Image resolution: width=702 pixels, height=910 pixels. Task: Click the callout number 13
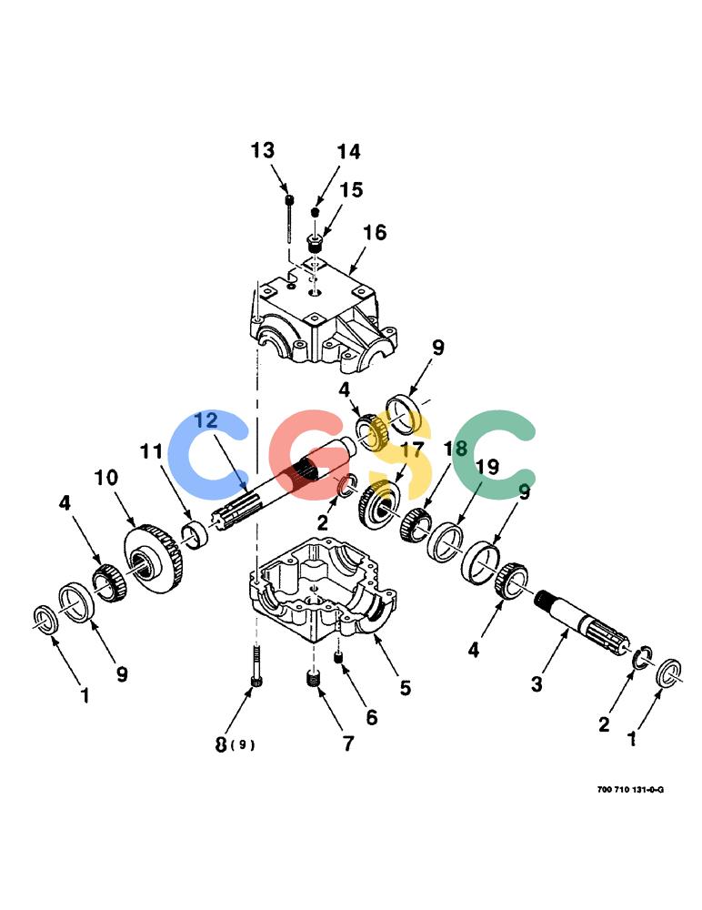coord(262,150)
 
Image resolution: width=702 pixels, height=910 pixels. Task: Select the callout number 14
coord(348,151)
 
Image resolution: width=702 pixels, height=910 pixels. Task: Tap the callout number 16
coord(375,232)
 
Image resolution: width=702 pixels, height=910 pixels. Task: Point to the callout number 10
coord(106,478)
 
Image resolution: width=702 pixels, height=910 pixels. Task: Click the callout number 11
coord(152,450)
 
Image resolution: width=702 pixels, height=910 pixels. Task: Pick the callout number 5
coord(405,688)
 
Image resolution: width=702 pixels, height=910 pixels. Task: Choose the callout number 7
coord(348,743)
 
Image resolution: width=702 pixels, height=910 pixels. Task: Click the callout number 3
coord(537,683)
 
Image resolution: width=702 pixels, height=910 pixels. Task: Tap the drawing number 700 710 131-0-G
coord(630,789)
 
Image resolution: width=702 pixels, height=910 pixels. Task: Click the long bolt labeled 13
coord(289,218)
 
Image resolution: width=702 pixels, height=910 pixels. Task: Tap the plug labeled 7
coord(314,678)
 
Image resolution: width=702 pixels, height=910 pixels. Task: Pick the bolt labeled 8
coord(256,666)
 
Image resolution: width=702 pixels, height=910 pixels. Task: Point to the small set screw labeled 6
coord(338,657)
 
